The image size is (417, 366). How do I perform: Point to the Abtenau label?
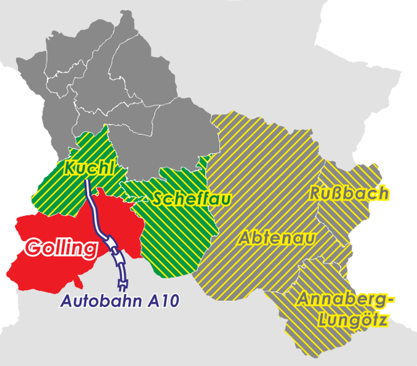pyautogui.click(x=277, y=237)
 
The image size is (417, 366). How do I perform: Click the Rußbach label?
pyautogui.click(x=349, y=193)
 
